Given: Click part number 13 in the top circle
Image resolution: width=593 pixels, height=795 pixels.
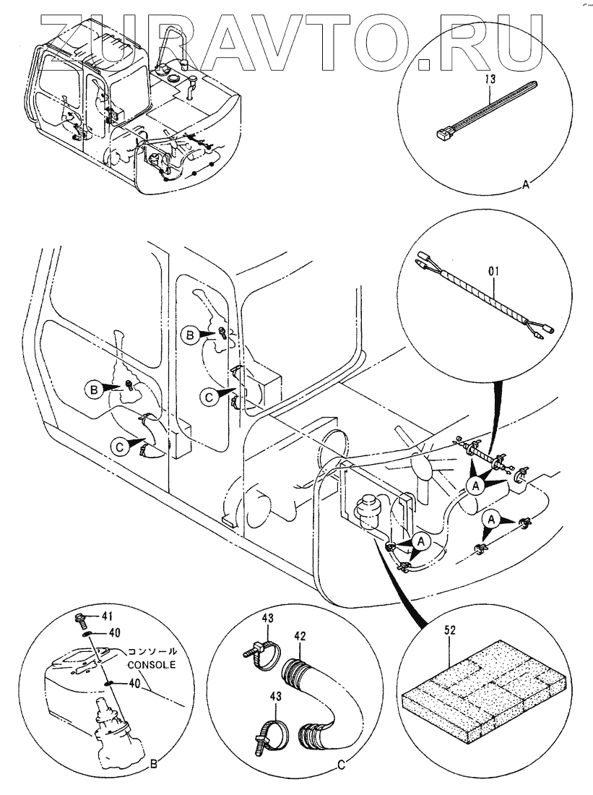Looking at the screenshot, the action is coord(490,79).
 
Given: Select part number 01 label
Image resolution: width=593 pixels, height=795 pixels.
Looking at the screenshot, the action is coord(493,271).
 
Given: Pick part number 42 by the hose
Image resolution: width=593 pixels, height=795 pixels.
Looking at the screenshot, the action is coord(300,636).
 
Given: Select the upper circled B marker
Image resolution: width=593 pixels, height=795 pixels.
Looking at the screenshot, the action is coord(191,335).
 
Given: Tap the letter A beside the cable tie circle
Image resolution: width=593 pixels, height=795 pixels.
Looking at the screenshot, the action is coord(526,186).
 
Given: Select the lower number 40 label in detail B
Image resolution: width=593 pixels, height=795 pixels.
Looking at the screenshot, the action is coord(134,684).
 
